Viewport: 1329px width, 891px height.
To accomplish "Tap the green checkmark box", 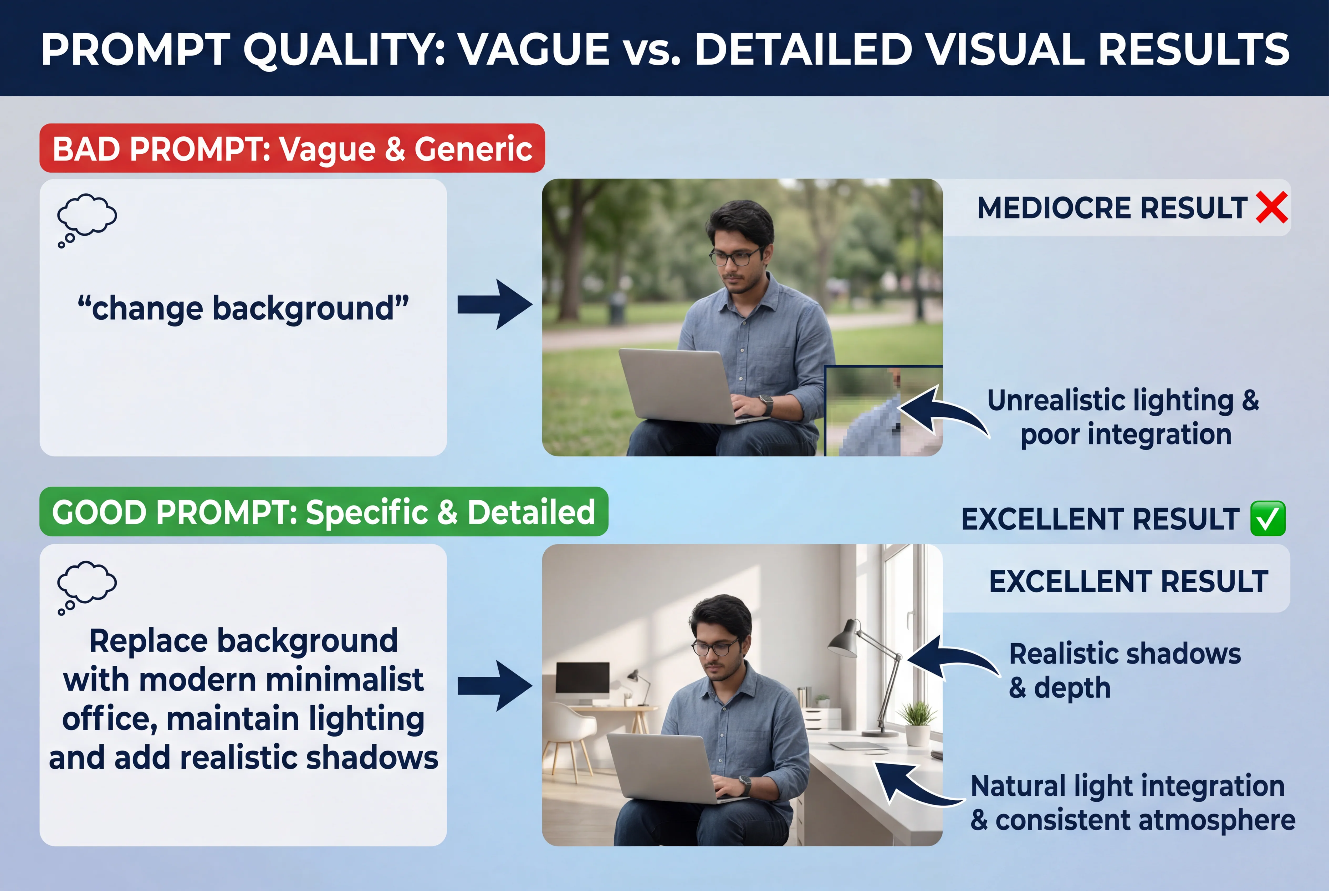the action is tap(1267, 518).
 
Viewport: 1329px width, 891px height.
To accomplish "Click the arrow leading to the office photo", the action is tap(495, 686).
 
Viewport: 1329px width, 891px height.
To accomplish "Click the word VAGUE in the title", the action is tap(535, 49).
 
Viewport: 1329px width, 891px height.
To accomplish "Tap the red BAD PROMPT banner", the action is tap(292, 148).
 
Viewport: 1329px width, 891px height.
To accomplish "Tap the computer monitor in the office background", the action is tap(582, 679).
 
